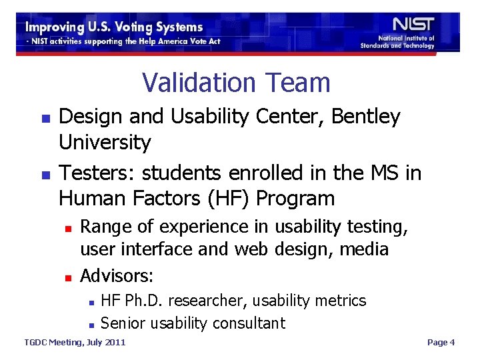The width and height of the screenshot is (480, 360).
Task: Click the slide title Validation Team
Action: [236, 83]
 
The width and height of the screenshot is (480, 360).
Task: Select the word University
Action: [105, 142]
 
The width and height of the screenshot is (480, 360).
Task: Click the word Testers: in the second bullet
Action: [97, 173]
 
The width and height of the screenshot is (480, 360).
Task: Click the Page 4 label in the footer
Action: [441, 343]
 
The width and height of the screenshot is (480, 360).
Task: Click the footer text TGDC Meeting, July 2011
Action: [74, 343]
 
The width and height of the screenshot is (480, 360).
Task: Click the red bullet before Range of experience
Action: [67, 227]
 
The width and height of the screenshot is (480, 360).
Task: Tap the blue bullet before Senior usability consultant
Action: [90, 325]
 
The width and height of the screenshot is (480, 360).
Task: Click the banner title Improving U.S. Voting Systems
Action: [114, 27]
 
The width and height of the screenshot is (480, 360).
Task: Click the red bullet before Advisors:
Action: [67, 276]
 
